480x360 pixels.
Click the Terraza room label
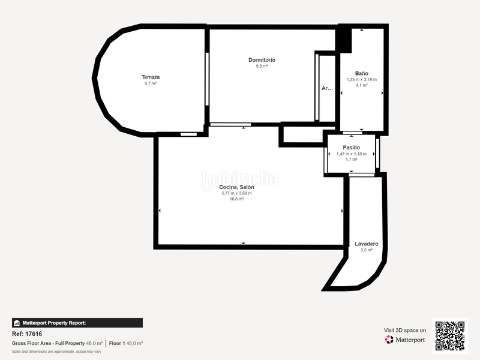pyautogui.click(x=150, y=77)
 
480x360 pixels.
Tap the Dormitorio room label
pyautogui.click(x=262, y=60)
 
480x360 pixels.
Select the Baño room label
pyautogui.click(x=361, y=73)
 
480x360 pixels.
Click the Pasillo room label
pyautogui.click(x=351, y=147)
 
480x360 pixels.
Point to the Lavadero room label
pyautogui.click(x=366, y=244)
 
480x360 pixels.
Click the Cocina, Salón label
pyautogui.click(x=236, y=187)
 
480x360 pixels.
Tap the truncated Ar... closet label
pyautogui.click(x=327, y=88)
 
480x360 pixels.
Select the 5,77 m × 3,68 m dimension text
pyautogui.click(x=236, y=193)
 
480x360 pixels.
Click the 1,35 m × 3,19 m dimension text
pyautogui.click(x=361, y=79)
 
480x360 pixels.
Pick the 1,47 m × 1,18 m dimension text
pyautogui.click(x=351, y=154)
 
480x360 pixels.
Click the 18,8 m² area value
pyautogui.click(x=236, y=199)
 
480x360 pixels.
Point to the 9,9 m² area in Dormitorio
pyautogui.click(x=262, y=67)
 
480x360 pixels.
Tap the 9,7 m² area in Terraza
pyautogui.click(x=150, y=83)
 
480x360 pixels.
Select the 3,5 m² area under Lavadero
pyautogui.click(x=366, y=250)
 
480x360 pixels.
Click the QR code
pyautogui.click(x=449, y=335)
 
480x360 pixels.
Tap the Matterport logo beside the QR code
pyautogui.click(x=406, y=339)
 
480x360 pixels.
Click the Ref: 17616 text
pyautogui.click(x=27, y=334)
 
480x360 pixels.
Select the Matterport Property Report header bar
pyautogui.click(x=77, y=323)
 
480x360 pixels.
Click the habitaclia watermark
pyautogui.click(x=239, y=178)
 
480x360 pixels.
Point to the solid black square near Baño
pyautogui.click(x=343, y=39)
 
